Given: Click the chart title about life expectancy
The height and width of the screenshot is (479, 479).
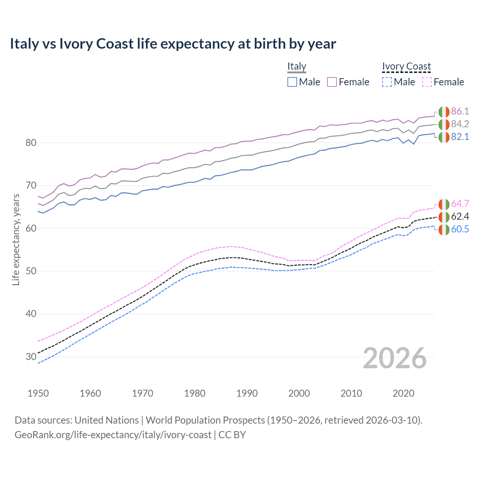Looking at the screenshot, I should pyautogui.click(x=173, y=44).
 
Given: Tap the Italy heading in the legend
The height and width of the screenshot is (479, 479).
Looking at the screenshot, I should pyautogui.click(x=297, y=66).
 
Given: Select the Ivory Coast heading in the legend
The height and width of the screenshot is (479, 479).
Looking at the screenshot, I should pyautogui.click(x=406, y=66).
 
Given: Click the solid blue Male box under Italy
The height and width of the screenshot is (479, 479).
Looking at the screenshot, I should pyautogui.click(x=292, y=82).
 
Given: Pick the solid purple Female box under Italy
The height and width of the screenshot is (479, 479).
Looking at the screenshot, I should pyautogui.click(x=332, y=82).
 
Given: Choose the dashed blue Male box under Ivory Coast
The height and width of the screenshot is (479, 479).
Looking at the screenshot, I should pyautogui.click(x=387, y=82).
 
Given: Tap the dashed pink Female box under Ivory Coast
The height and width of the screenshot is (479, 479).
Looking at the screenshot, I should pyautogui.click(x=427, y=82).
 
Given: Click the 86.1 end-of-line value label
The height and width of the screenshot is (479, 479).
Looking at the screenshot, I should pyautogui.click(x=460, y=111).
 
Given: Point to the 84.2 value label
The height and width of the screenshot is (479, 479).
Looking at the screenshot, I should pyautogui.click(x=460, y=124).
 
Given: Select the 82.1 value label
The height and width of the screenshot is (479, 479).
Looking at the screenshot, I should pyautogui.click(x=460, y=137).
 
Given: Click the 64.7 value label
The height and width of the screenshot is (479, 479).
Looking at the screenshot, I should pyautogui.click(x=460, y=204).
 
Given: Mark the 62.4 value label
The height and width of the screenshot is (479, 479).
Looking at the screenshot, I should pyautogui.click(x=460, y=216).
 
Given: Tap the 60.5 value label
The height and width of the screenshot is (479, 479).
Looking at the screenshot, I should pyautogui.click(x=460, y=229).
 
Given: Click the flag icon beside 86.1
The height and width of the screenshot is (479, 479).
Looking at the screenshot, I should pyautogui.click(x=444, y=112).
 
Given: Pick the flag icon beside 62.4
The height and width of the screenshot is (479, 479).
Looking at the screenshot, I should pyautogui.click(x=444, y=217).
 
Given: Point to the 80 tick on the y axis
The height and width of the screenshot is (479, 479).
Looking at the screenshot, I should pyautogui.click(x=31, y=143).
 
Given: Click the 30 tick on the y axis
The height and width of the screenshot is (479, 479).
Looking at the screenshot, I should pyautogui.click(x=31, y=357).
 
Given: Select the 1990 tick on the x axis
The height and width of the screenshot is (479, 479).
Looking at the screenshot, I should pyautogui.click(x=247, y=393).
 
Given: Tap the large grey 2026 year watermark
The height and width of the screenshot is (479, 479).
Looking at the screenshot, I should pyautogui.click(x=395, y=358).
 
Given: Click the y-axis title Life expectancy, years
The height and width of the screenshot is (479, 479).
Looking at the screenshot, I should pyautogui.click(x=16, y=239).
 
